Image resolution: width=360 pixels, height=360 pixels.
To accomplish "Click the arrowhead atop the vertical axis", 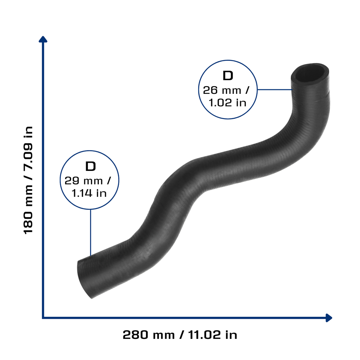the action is (x=43, y=39).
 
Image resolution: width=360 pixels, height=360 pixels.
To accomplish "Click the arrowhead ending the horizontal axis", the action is (x=329, y=318).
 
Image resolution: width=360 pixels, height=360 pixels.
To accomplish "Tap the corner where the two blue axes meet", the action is (x=43, y=318).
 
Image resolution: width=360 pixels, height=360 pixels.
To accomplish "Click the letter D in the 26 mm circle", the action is (x=228, y=76).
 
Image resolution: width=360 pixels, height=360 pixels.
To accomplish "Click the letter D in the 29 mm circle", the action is (x=90, y=166).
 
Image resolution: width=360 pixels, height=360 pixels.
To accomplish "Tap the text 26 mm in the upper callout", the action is (x=222, y=90).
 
